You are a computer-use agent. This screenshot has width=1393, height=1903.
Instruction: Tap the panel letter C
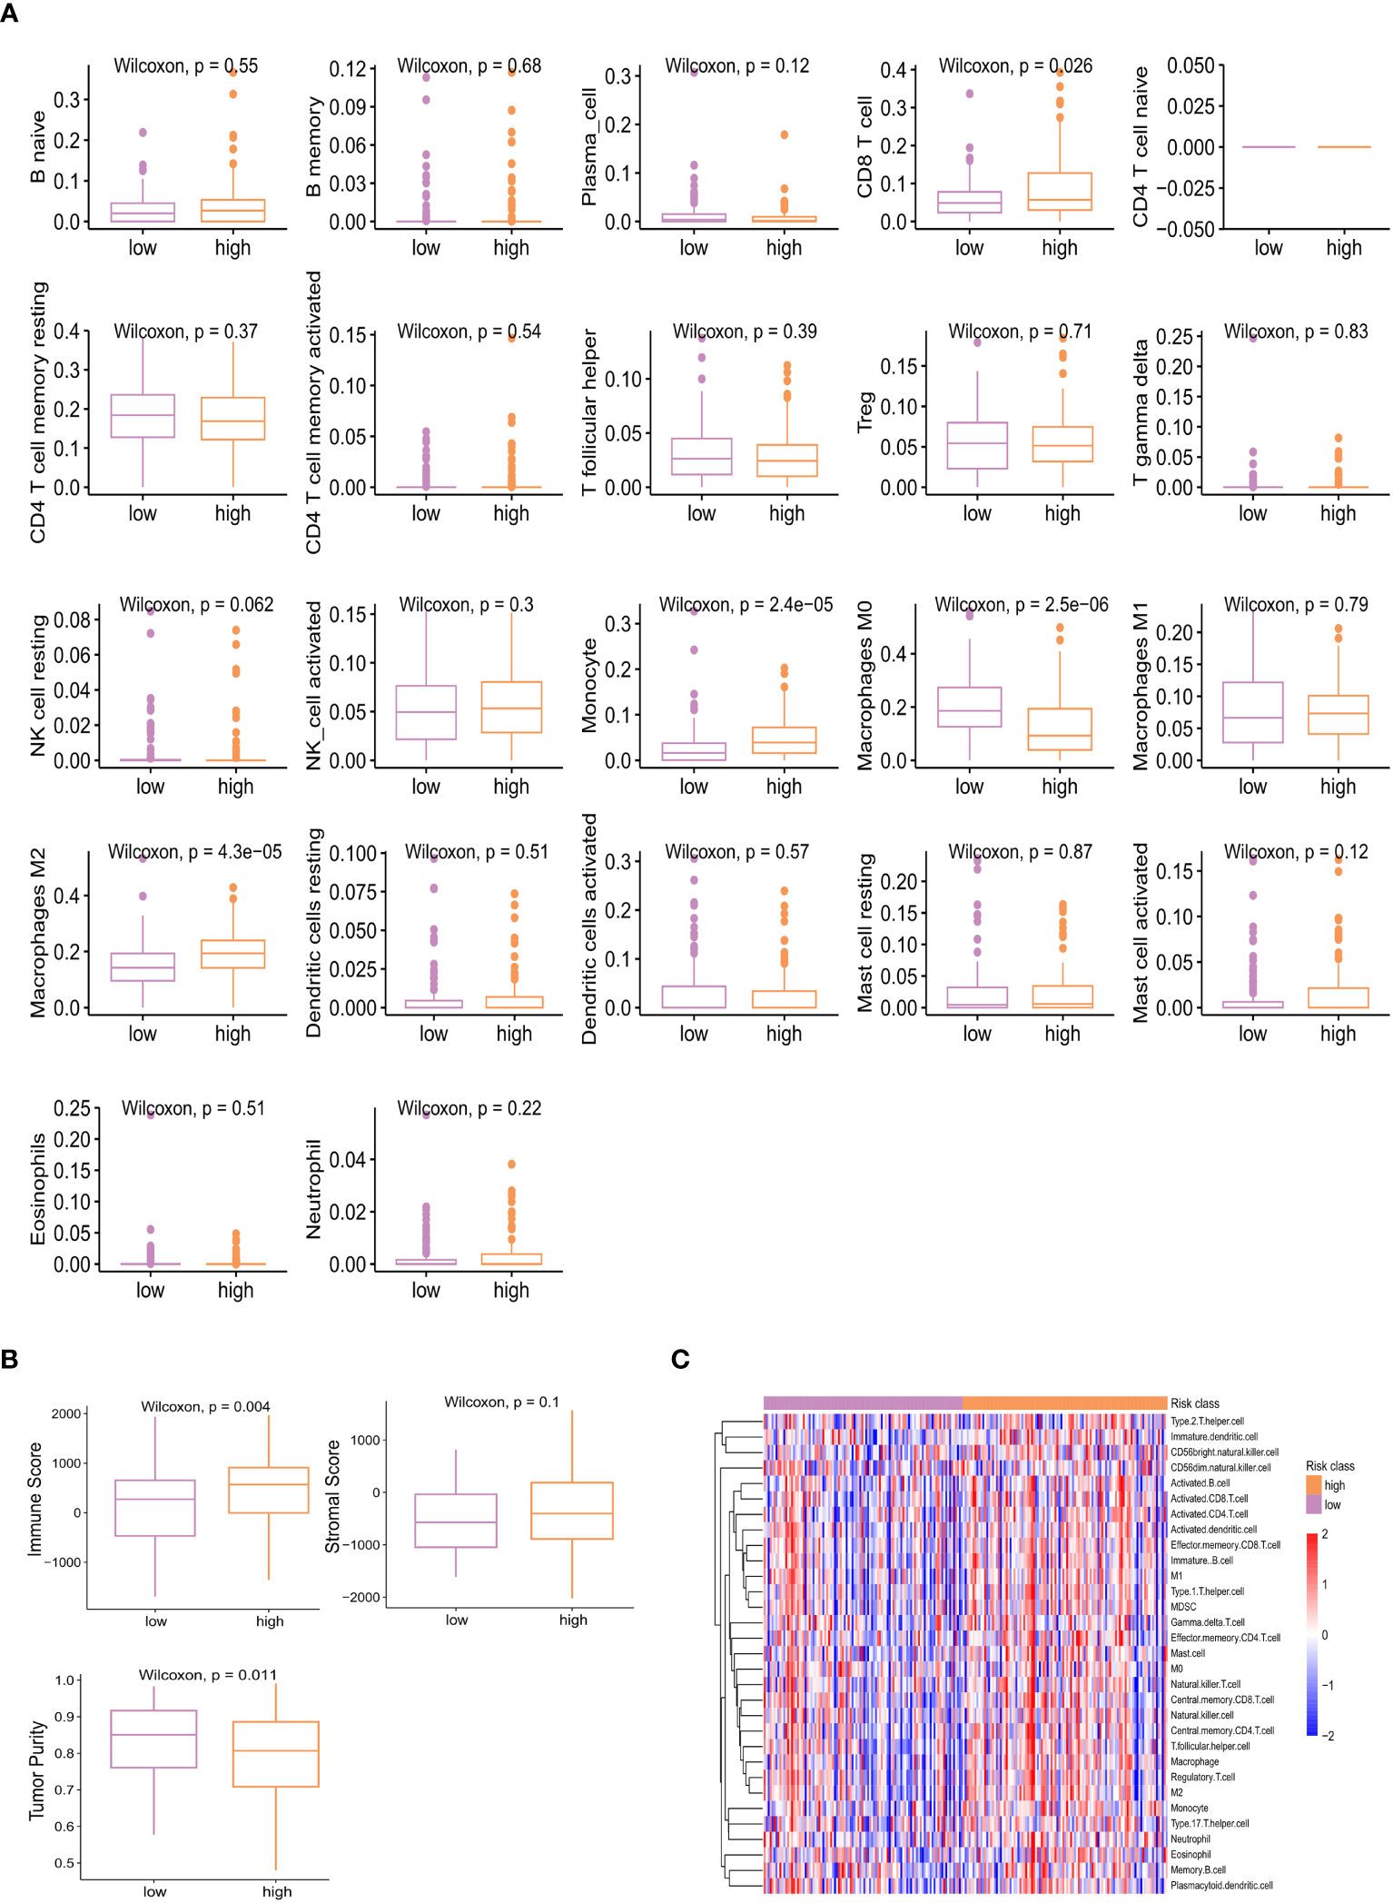click(680, 1359)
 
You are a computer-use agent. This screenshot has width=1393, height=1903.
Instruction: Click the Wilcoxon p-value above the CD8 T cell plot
click(1014, 66)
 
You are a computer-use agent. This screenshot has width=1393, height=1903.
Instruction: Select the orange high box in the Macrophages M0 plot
click(1059, 729)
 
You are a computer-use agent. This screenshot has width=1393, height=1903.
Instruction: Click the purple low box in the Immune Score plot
click(155, 1508)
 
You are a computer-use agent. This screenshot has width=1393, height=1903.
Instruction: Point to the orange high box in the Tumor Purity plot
click(276, 1754)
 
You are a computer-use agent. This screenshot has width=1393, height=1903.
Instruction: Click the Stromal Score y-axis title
click(333, 1496)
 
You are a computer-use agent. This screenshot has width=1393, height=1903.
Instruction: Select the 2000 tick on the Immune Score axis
click(66, 1413)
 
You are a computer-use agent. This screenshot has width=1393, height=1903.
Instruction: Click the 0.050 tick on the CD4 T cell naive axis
click(1190, 65)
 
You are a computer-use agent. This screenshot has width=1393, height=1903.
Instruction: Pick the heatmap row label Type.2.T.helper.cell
click(1207, 1421)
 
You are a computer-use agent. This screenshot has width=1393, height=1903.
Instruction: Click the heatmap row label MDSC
click(1183, 1607)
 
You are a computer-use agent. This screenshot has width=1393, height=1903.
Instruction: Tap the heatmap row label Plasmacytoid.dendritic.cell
click(1221, 1886)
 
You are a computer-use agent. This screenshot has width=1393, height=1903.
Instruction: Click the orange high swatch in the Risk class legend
click(1314, 1485)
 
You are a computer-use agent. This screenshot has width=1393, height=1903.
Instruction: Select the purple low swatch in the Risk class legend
click(1314, 1505)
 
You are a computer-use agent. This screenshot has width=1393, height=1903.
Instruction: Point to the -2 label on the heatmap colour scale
click(1328, 1735)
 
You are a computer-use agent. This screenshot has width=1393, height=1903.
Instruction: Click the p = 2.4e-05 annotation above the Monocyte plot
click(745, 605)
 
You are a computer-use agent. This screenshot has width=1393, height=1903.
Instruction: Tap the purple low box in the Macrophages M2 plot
click(143, 966)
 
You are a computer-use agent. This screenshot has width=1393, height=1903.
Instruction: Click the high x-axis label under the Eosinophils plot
click(235, 1290)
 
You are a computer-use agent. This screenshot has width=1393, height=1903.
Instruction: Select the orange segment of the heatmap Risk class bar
click(1064, 1403)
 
